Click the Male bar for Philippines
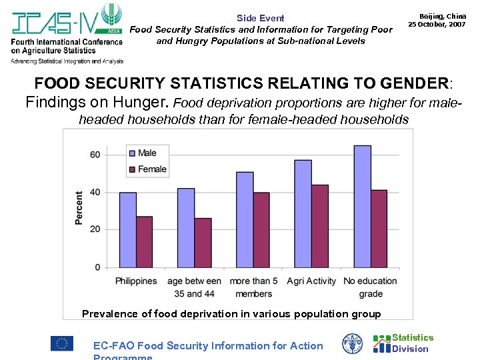(x=128, y=230)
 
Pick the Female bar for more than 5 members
(x=261, y=230)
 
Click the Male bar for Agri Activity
(x=303, y=213)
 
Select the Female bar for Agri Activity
(x=319, y=226)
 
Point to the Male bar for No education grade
(x=362, y=206)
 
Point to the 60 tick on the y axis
(x=95, y=155)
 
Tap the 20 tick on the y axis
(x=95, y=229)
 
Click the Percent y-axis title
(x=79, y=208)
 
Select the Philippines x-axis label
(x=136, y=281)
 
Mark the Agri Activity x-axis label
(x=311, y=281)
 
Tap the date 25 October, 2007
(x=437, y=24)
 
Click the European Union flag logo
(x=61, y=343)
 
